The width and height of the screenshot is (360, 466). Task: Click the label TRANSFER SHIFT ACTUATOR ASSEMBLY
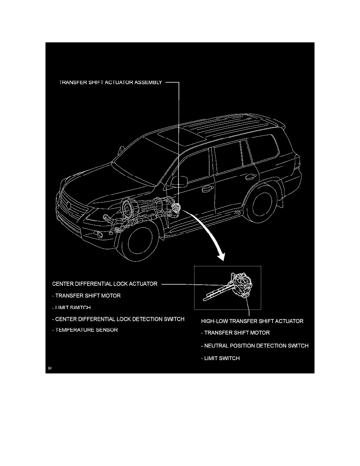[x=110, y=83]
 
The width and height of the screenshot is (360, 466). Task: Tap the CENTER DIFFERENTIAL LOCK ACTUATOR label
[x=105, y=284]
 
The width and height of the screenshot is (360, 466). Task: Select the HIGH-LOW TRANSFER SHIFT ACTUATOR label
[x=252, y=321]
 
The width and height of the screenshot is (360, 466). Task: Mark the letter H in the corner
[x=50, y=368]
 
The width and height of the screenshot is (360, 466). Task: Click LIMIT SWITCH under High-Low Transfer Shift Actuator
[x=222, y=358]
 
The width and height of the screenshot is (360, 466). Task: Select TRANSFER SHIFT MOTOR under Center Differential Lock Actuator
[x=88, y=296]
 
